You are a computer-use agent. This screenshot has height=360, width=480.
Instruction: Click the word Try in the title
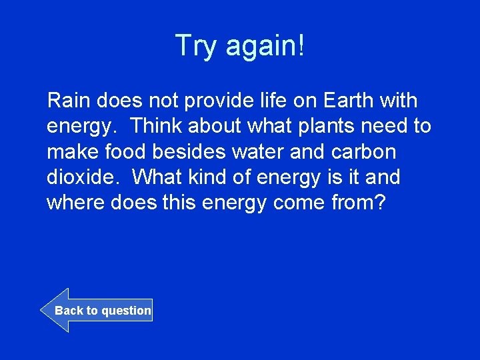tap(197, 47)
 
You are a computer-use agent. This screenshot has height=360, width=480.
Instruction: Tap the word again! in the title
tap(265, 47)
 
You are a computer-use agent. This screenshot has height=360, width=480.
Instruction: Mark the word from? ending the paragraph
tap(358, 203)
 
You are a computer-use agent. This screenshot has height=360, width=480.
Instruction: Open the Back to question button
tap(103, 311)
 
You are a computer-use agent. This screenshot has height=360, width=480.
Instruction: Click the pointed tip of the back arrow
tap(42, 311)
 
